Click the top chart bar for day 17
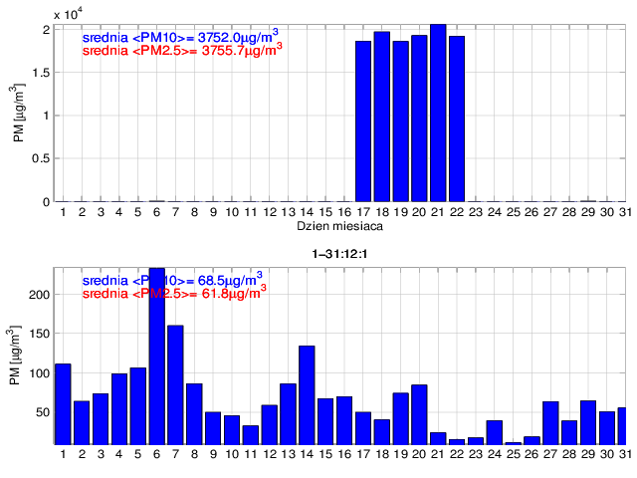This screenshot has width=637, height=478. tap(363, 120)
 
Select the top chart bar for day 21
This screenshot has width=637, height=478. tap(438, 113)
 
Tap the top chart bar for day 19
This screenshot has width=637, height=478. tap(400, 120)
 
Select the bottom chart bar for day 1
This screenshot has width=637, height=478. tap(63, 403)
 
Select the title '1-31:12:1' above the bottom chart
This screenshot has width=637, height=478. tap(336, 253)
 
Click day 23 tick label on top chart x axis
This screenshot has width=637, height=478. tap(475, 212)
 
